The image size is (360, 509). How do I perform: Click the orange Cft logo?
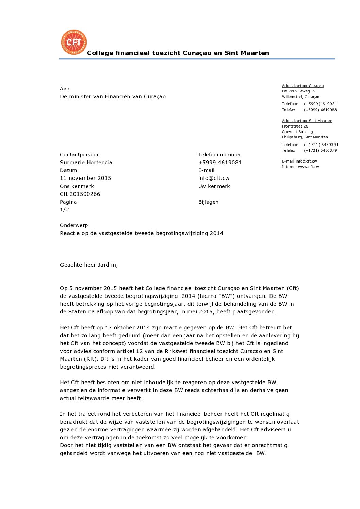coord(74,42)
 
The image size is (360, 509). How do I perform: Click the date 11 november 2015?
coord(85,178)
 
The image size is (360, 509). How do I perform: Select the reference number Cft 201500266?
coord(80,194)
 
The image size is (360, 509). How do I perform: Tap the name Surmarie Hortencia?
coord(86,163)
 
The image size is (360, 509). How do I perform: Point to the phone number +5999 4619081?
coord(220,163)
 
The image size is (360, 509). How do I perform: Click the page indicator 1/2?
coord(65,210)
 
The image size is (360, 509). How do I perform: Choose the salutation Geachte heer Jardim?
coord(89,265)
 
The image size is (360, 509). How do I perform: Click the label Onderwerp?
coord(74,225)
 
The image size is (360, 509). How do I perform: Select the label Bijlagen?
coord(208,202)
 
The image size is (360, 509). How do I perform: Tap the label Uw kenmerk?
coord(214,186)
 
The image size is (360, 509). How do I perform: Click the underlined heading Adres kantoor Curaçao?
coord(303,86)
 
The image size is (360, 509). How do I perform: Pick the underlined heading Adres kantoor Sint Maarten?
coord(307,121)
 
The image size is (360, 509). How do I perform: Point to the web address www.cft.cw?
coord(309,167)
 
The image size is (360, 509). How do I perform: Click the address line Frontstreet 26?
coord(295,126)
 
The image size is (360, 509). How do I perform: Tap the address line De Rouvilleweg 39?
coord(299,91)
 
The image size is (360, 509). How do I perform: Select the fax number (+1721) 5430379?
coord(320,150)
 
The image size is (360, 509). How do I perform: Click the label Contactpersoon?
coord(80,155)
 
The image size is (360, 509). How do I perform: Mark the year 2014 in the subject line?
coord(217,233)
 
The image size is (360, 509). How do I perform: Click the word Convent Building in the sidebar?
coord(297,132)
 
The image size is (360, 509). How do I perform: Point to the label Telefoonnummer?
coord(219,155)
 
